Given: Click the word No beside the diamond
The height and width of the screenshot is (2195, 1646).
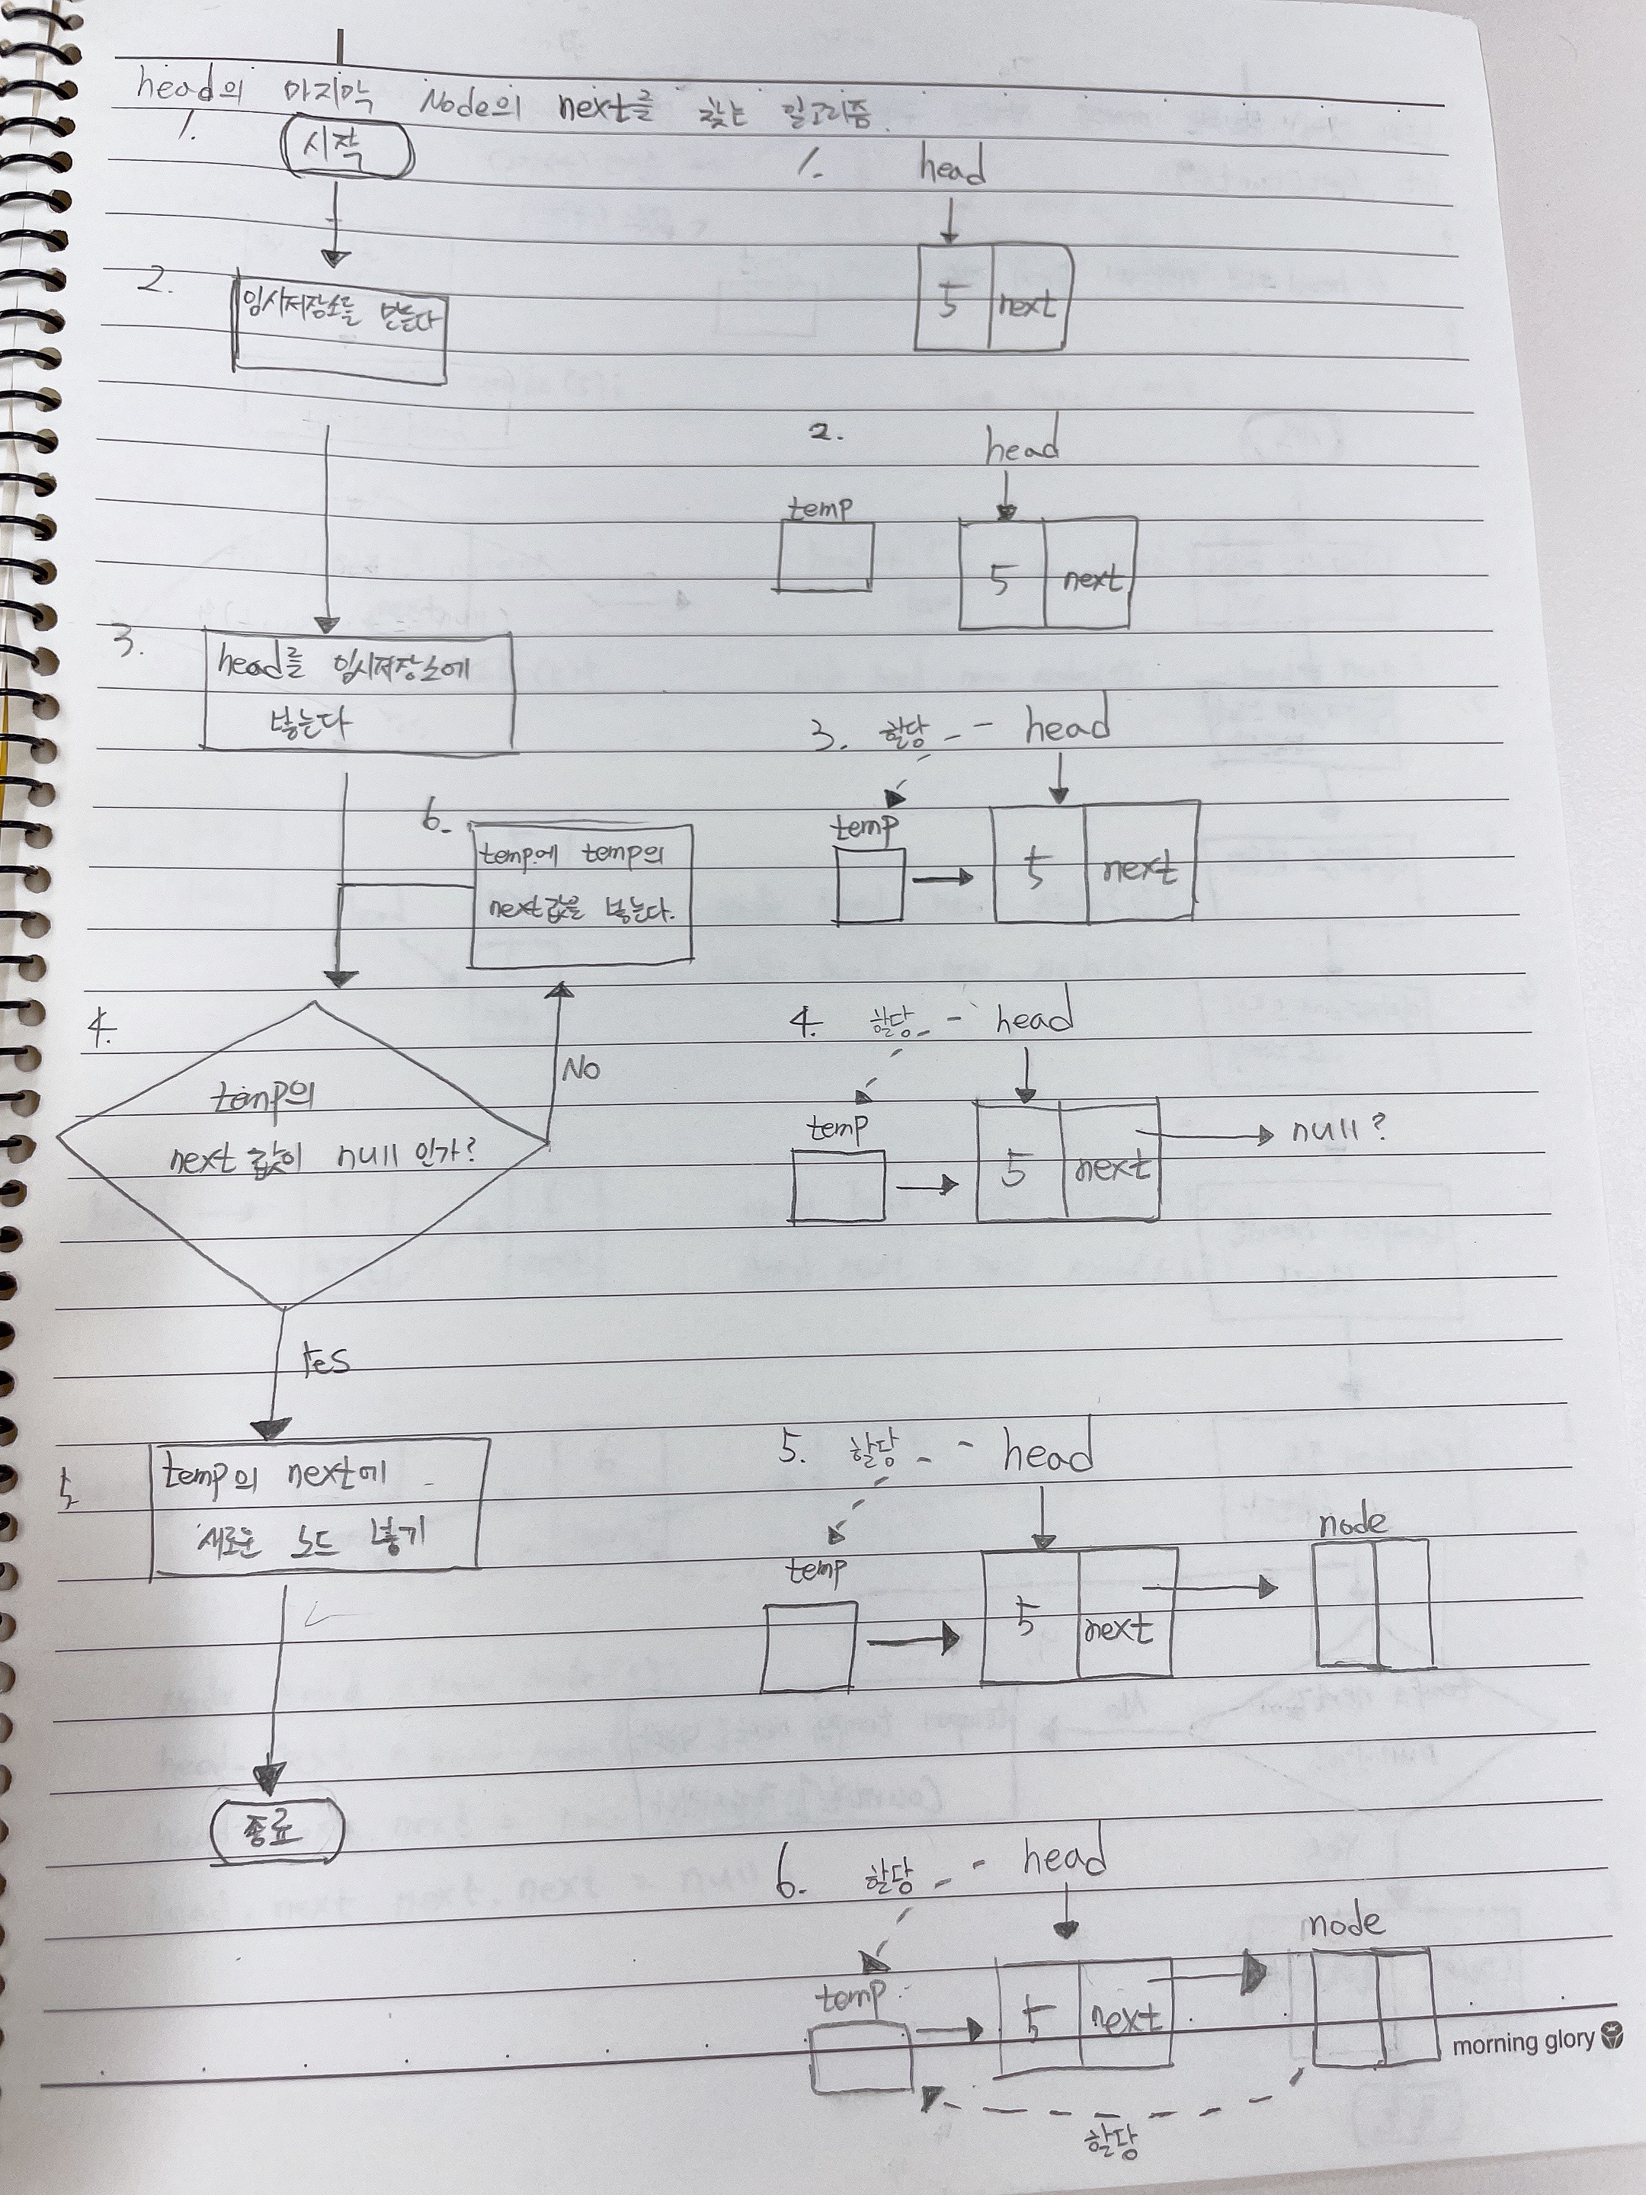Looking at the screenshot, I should (x=581, y=1069).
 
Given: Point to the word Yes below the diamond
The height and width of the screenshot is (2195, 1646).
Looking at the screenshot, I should (x=326, y=1360).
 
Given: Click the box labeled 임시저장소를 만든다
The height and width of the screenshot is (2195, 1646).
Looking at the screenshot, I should (x=339, y=333).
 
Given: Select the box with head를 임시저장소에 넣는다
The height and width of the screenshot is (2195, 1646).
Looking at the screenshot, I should (x=357, y=691).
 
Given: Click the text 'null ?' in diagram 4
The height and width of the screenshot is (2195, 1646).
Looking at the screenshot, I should (x=1337, y=1130).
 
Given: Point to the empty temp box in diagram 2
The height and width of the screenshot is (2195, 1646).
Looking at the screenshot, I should (x=825, y=556).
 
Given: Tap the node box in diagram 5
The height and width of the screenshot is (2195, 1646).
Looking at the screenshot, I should (x=1373, y=1601).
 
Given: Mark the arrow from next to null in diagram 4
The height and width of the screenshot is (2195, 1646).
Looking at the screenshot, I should (x=1206, y=1135).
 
